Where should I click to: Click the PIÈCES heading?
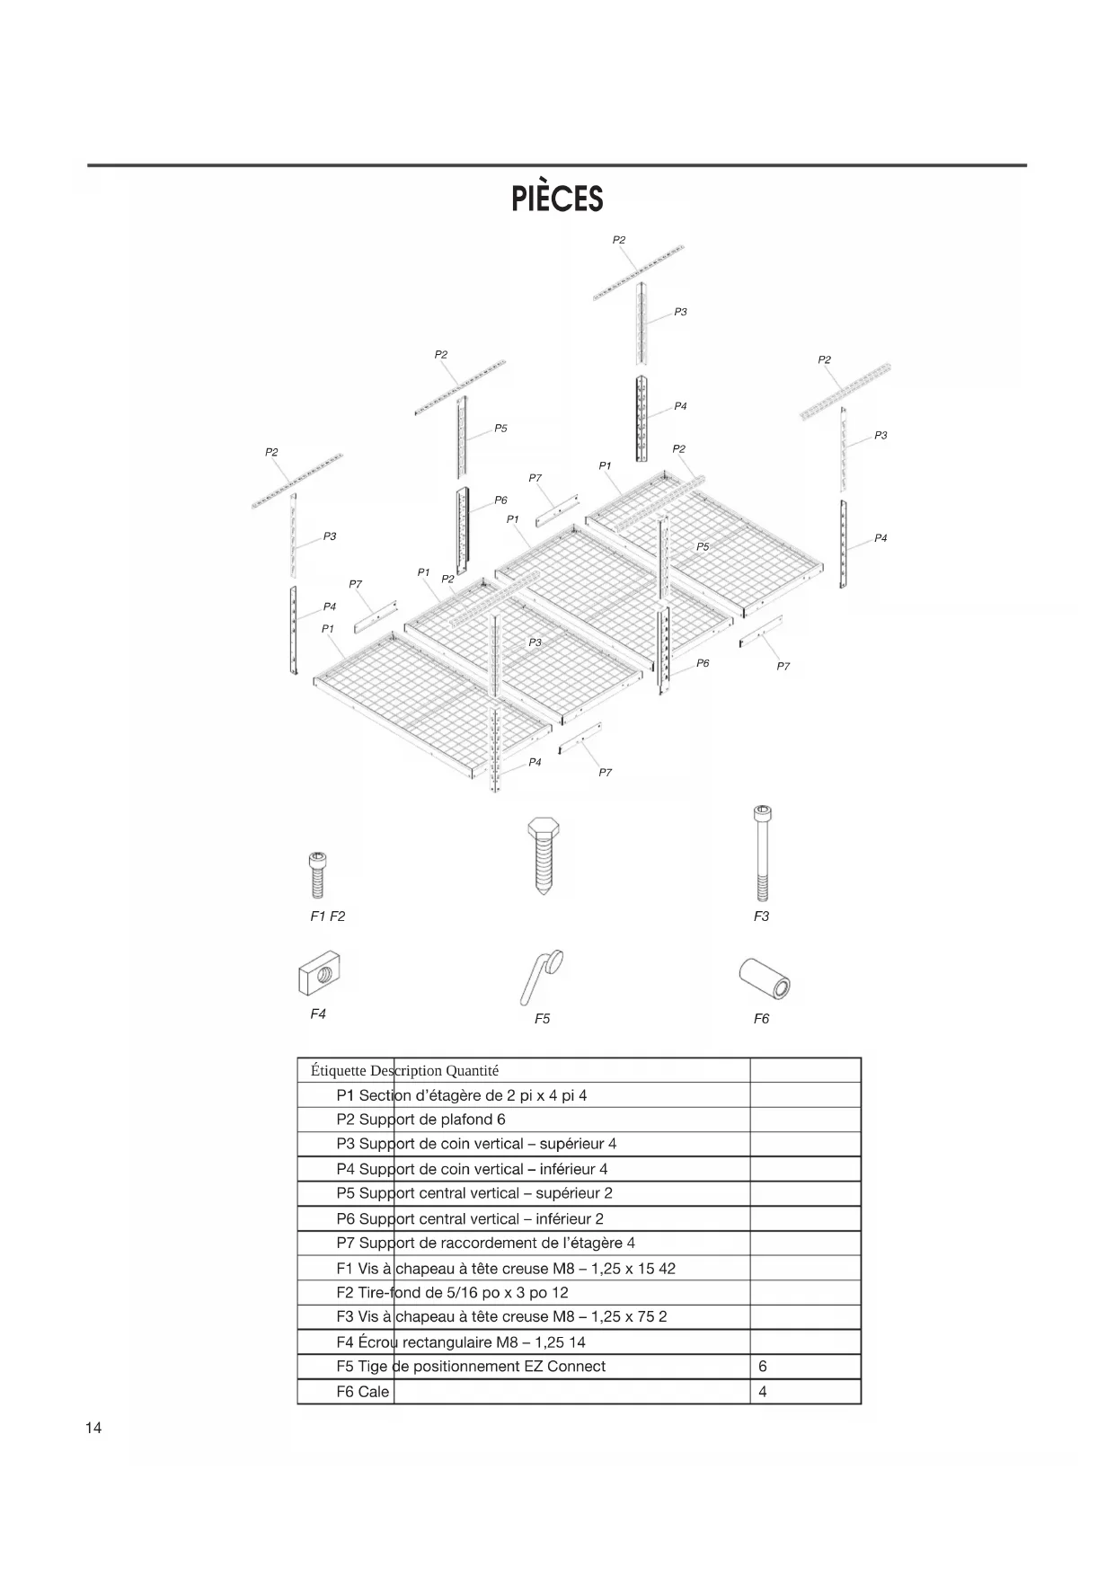coord(557,199)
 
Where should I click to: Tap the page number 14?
coord(93,1429)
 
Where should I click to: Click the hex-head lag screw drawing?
coord(541,854)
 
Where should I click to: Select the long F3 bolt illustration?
coord(762,853)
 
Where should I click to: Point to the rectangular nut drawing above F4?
coord(321,973)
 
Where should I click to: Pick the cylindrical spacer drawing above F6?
coord(765,978)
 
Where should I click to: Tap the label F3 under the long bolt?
coord(761,916)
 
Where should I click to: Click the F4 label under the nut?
coord(318,1014)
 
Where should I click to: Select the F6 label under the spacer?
coord(761,1019)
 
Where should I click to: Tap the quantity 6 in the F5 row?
coord(763,1367)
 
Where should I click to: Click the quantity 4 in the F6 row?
coord(763,1392)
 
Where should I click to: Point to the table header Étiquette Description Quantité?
coord(404,1071)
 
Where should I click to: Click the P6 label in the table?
coord(346,1219)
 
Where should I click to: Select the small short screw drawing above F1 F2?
coord(317,874)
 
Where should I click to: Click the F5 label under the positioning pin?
coord(542,1019)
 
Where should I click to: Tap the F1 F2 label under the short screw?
coord(327,916)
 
